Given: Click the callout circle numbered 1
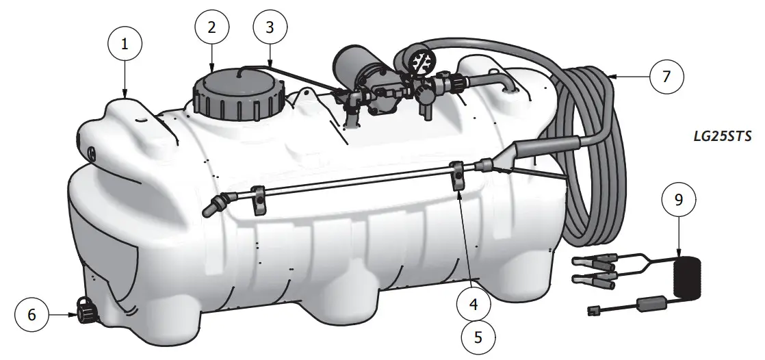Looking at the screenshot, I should tap(125, 43).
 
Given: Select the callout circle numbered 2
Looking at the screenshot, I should tap(211, 27).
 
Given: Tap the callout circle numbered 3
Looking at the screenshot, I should tap(270, 27).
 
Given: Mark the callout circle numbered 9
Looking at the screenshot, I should tap(678, 201).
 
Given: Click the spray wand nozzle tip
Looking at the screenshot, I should tap(209, 208).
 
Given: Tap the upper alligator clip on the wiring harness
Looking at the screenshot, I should tap(587, 261).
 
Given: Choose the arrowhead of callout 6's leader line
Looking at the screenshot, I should tap(74, 315).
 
